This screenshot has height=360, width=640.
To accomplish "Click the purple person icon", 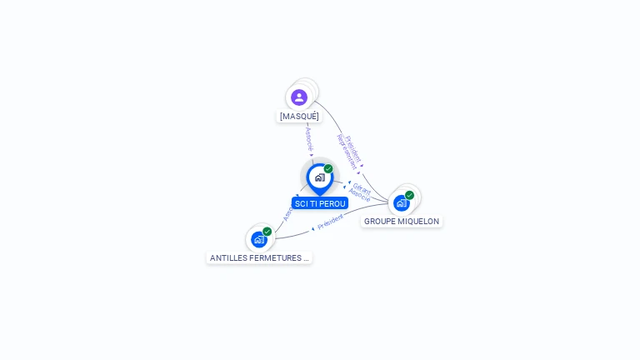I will point(299,97).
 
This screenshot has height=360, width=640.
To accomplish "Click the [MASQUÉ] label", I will point(299,117).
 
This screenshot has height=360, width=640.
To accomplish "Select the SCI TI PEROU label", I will point(320,203).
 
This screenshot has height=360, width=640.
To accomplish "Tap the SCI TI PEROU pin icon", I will point(319,177).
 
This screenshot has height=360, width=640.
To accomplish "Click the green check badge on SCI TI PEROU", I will point(328,168).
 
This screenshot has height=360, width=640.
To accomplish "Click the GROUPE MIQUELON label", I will point(402,222).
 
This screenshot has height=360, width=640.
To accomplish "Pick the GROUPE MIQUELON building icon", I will point(402,202).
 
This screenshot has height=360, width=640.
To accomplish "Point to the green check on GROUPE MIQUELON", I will point(409,195).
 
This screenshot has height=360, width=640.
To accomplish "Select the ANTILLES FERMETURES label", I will point(259,258).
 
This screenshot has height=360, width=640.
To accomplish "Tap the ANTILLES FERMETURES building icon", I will point(258,239).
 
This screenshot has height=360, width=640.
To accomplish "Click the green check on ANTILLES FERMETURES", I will point(267,232).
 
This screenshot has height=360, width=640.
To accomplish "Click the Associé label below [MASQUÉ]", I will point(308,138).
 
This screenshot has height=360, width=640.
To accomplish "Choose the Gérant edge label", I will point(361,187).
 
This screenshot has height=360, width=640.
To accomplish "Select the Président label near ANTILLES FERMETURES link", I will point(330,221).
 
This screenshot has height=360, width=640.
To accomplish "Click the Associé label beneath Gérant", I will point(359,197).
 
